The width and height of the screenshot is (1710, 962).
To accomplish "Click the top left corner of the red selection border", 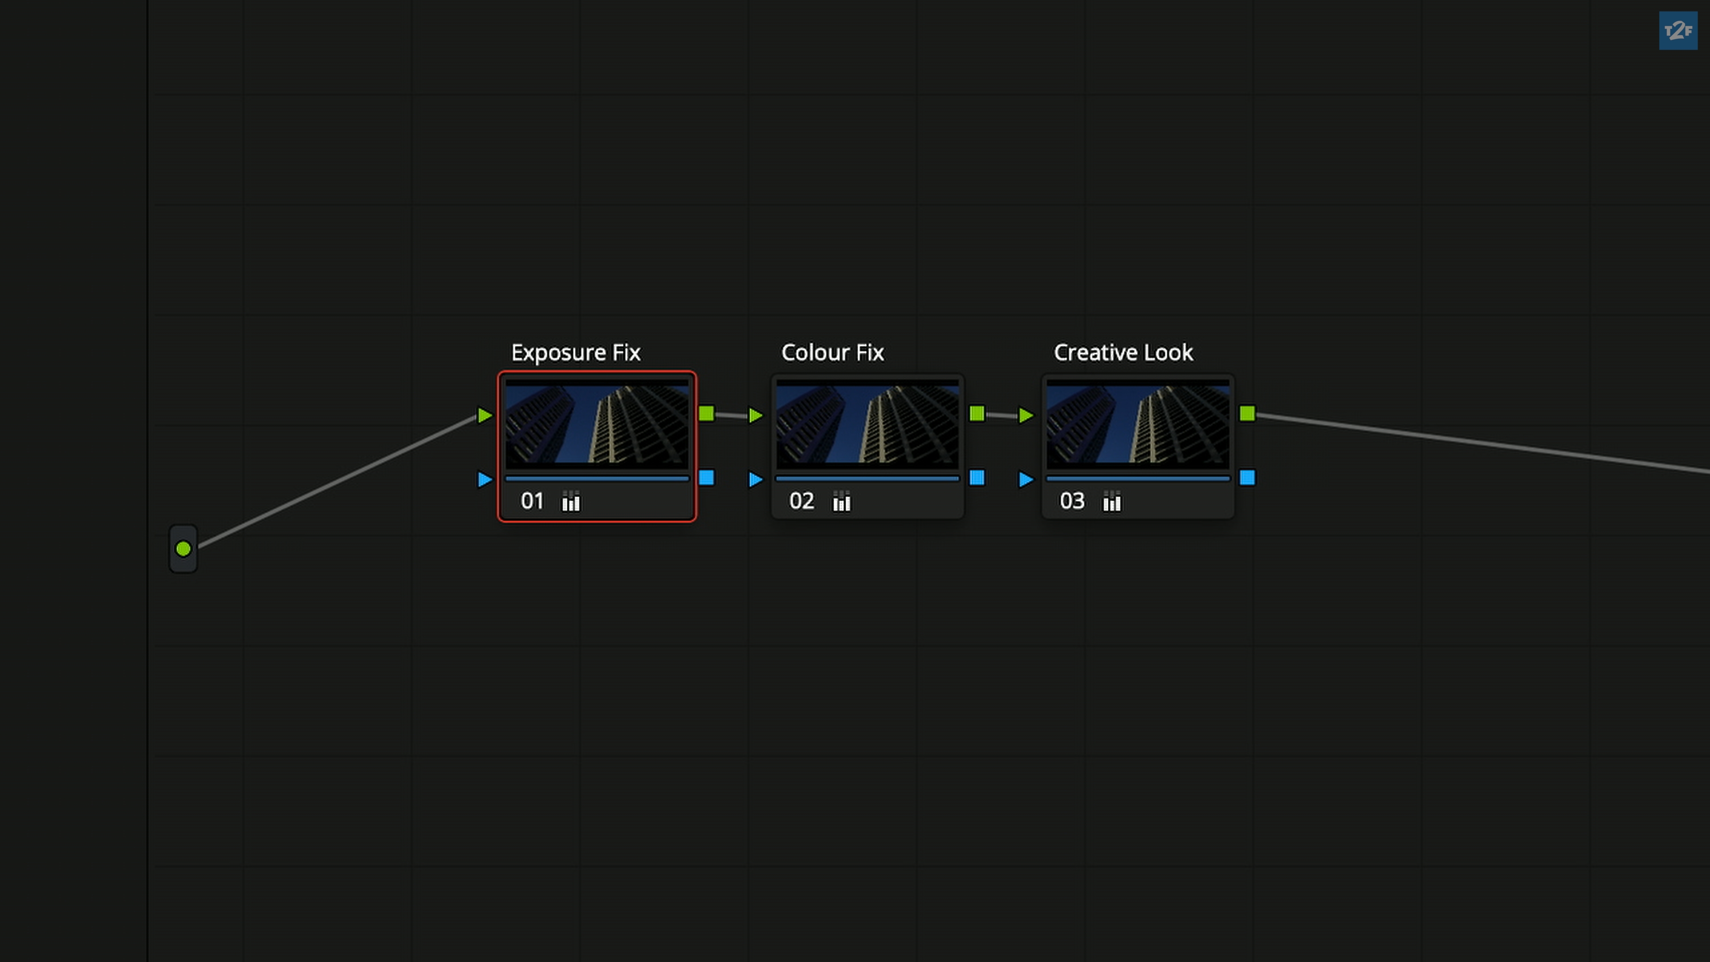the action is [x=499, y=372].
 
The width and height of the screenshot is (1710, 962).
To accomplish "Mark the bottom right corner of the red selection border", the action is [x=696, y=521].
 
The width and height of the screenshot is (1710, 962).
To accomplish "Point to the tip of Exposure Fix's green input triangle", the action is [x=493, y=416].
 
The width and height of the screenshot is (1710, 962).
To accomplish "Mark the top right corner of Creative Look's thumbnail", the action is [x=1230, y=380].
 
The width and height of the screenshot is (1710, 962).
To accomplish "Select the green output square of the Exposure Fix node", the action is [x=706, y=414].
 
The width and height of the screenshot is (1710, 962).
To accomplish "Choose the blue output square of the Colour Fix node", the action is [x=977, y=477].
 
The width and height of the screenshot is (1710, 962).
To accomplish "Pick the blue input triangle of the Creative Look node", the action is [x=1026, y=479].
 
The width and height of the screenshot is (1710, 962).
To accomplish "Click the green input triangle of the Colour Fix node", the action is [x=755, y=416].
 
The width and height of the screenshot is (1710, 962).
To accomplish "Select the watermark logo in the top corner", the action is [x=1678, y=31].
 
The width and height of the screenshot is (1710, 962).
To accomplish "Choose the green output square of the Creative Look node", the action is [x=1247, y=414].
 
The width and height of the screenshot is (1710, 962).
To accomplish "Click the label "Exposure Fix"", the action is [x=575, y=353].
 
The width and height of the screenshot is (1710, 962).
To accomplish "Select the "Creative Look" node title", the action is [x=1123, y=353].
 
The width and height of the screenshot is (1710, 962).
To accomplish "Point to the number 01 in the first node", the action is [x=532, y=501].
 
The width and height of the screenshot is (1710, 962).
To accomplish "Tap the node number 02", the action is [x=801, y=501].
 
